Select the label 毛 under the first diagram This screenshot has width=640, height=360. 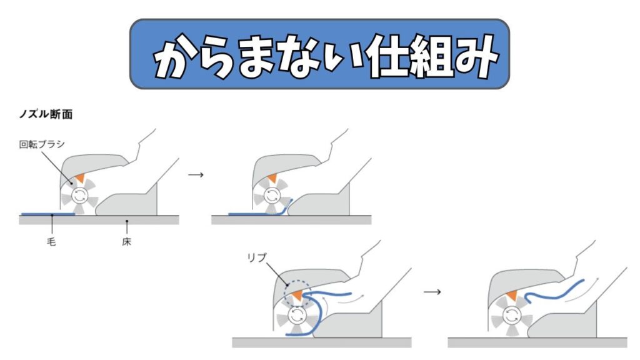tap(51, 241)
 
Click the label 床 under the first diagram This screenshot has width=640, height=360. tap(127, 241)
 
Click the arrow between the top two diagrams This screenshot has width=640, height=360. tap(196, 175)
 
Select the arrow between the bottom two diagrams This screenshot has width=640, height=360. tap(431, 292)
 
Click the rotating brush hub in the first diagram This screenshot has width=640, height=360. tap(79, 196)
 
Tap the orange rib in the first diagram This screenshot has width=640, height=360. tap(80, 179)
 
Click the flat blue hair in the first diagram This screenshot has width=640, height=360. tap(47, 214)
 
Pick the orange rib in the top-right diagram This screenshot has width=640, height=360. tap(272, 179)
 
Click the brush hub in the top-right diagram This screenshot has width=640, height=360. tap(271, 196)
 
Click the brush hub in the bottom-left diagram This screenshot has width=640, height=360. tap(297, 314)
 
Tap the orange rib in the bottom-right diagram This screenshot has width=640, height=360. tap(513, 295)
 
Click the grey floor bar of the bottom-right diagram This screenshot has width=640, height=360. tap(537, 342)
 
